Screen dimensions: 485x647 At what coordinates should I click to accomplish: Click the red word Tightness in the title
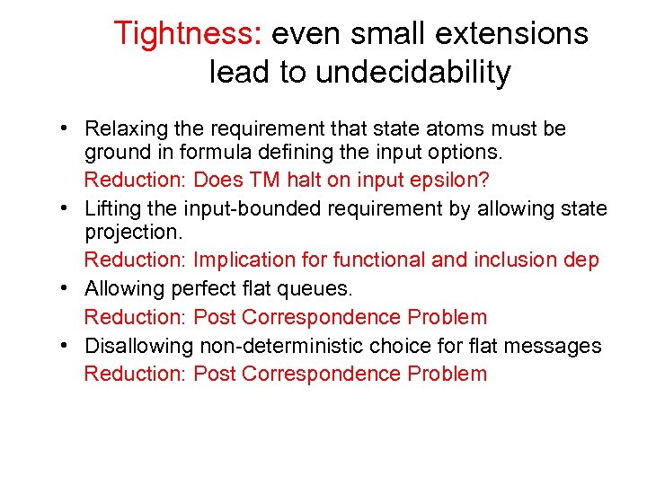pyautogui.click(x=188, y=34)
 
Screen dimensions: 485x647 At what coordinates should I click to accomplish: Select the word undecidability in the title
pyautogui.click(x=412, y=72)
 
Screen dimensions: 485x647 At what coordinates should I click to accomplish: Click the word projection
pyautogui.click(x=133, y=233)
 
